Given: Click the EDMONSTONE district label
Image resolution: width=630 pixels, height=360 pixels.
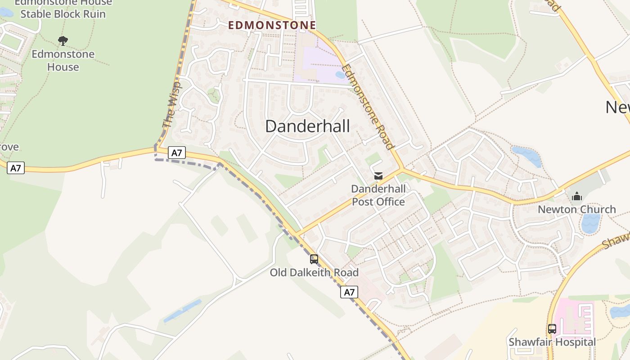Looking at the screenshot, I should click(272, 25).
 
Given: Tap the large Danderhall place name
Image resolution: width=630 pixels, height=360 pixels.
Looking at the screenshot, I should click(307, 126).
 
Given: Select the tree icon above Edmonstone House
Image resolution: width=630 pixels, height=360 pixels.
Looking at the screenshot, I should click(63, 41).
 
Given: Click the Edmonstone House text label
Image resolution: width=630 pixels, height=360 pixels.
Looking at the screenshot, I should click(63, 60).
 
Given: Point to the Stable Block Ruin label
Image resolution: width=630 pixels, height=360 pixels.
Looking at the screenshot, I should click(63, 14).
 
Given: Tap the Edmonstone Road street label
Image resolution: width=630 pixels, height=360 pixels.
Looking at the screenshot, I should click(368, 107).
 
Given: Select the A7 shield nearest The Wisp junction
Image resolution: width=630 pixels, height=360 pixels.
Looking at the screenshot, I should click(177, 153).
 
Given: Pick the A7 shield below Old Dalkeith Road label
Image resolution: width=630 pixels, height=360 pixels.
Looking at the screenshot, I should click(349, 292).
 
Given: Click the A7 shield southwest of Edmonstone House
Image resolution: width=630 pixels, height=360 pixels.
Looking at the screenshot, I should click(16, 168).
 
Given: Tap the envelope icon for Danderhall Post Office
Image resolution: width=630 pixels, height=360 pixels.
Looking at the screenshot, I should click(378, 176).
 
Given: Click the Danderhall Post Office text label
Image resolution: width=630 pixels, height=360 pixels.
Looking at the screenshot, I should click(378, 195).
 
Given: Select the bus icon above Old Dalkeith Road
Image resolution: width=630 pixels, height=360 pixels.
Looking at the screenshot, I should click(314, 259).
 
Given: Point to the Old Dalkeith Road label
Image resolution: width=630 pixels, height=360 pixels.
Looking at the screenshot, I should click(314, 273).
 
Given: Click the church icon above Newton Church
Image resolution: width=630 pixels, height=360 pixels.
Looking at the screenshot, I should click(577, 196).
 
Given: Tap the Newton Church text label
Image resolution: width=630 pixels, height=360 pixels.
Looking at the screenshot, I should click(577, 209).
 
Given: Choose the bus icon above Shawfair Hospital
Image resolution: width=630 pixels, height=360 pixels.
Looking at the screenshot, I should click(552, 329).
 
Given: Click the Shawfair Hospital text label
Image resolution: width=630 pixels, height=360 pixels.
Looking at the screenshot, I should click(552, 342).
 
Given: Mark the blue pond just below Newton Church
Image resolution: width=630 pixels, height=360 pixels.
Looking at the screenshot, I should click(590, 223).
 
